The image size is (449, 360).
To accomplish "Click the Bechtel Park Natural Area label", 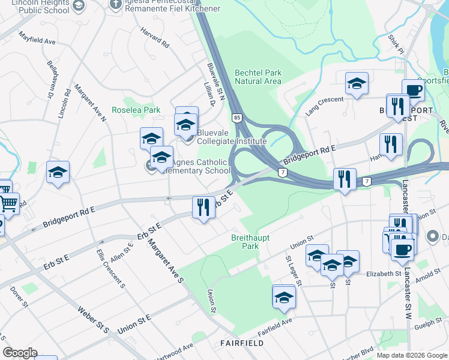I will (x=258, y=77).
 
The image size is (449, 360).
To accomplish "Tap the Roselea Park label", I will (x=136, y=110).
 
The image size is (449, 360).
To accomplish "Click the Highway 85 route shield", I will (x=238, y=118).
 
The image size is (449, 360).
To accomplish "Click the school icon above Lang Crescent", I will (x=357, y=85).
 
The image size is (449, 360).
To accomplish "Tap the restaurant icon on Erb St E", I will (x=203, y=208).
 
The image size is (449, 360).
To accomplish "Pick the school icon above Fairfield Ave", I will (x=284, y=297).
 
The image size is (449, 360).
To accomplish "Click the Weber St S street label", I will (x=94, y=320).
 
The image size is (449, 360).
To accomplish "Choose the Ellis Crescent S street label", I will (x=110, y=266).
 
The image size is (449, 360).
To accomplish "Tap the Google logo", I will (x=20, y=353).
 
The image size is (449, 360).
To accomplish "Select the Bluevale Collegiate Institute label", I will (x=231, y=137).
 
